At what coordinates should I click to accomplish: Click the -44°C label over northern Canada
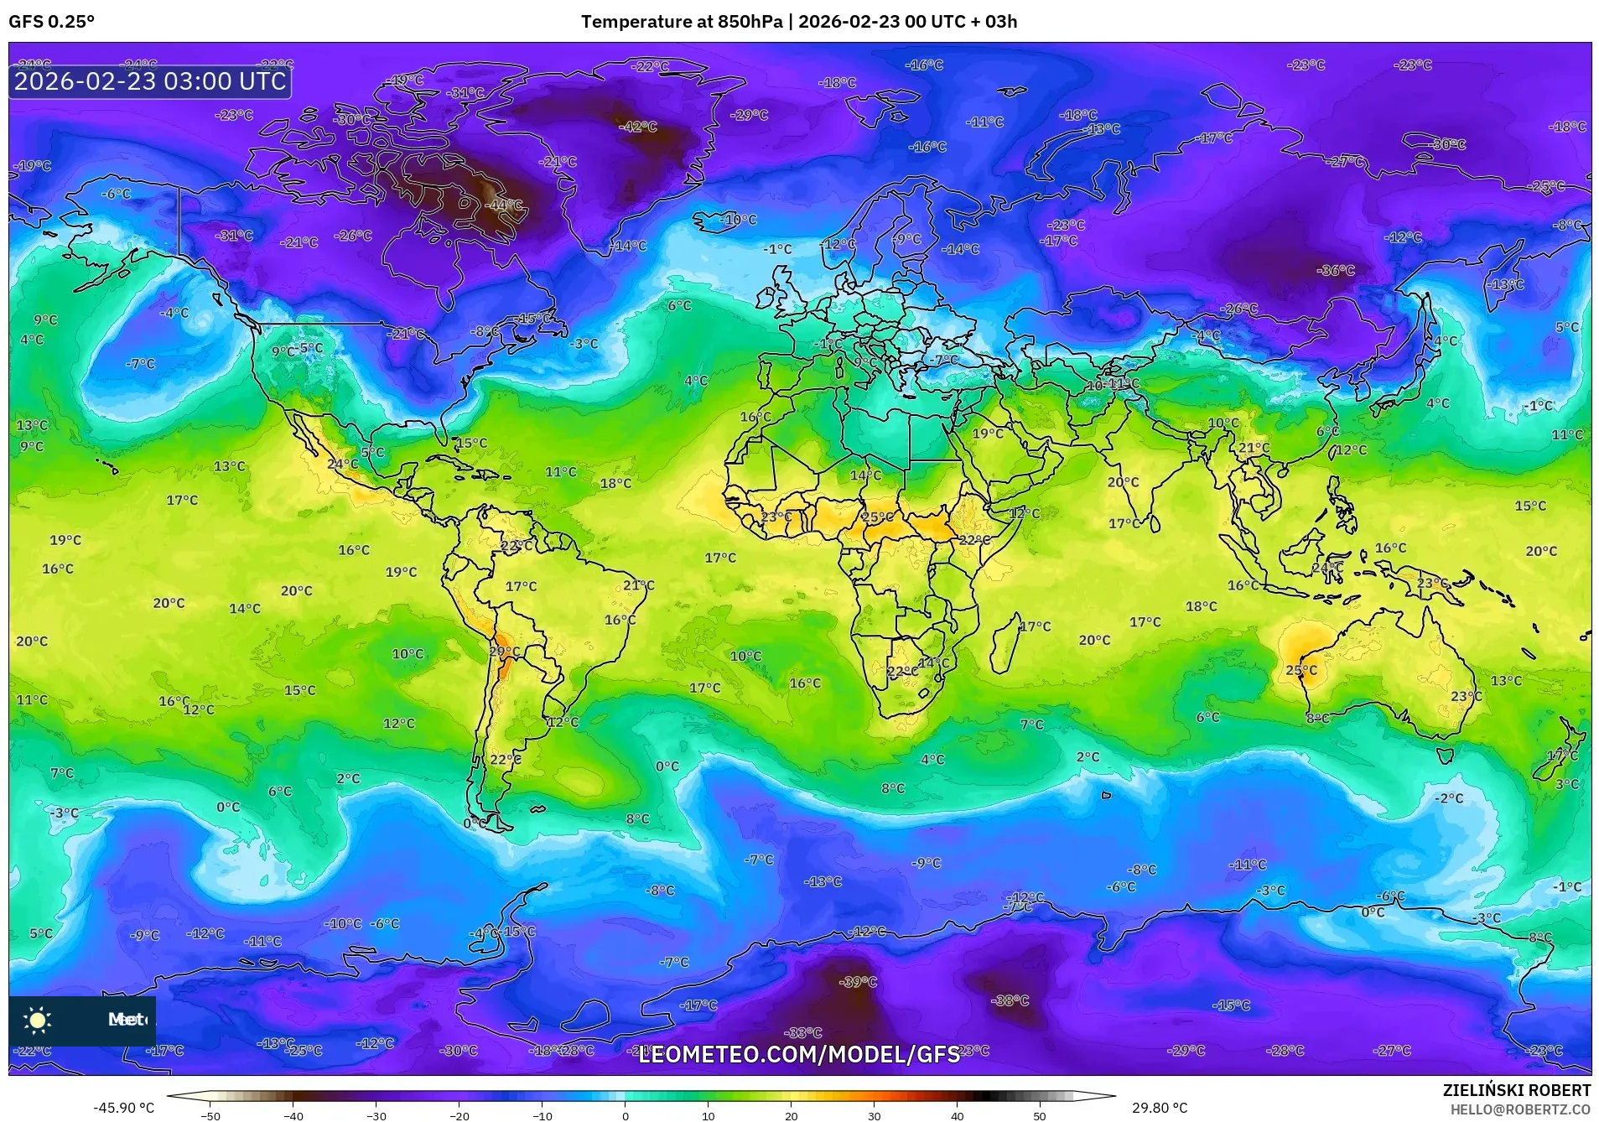point(506,205)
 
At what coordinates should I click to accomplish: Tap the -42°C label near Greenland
point(638,127)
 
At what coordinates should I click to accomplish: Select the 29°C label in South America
point(505,652)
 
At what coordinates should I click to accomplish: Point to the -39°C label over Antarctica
point(858,982)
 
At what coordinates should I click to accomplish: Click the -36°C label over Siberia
point(1336,270)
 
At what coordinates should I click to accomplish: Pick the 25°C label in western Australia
point(1301,670)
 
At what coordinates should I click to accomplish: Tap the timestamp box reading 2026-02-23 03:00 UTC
point(150,81)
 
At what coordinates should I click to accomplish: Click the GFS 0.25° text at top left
point(52,22)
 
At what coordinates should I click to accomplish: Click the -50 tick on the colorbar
point(210,1114)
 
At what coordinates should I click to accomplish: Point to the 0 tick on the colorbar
point(625,1114)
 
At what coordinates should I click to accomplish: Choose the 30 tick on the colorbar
point(874,1114)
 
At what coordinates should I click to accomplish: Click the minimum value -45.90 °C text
point(124,1108)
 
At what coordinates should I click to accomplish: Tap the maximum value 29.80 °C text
point(1159,1108)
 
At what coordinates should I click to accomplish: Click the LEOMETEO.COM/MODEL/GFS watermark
point(799,1054)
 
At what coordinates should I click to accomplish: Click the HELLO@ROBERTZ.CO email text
point(1520,1109)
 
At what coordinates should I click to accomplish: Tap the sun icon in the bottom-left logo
point(38,1020)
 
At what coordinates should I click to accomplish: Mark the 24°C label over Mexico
point(342,464)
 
